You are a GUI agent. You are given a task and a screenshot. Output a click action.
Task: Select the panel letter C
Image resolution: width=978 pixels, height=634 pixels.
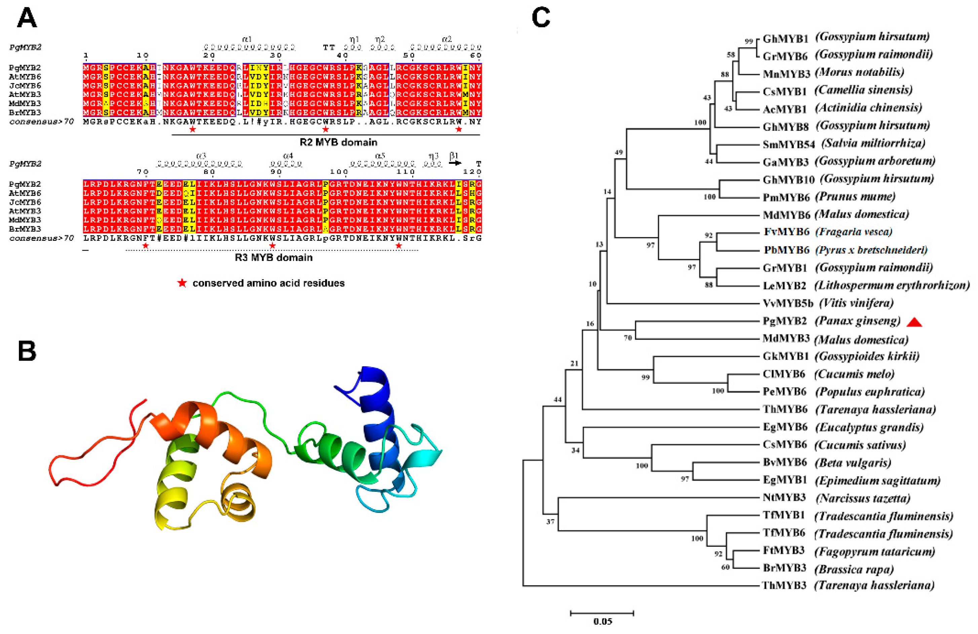point(541,18)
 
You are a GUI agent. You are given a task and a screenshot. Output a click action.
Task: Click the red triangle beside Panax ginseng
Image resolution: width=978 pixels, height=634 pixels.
point(914,322)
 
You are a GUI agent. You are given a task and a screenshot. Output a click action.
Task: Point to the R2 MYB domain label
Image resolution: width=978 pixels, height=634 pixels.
point(338,142)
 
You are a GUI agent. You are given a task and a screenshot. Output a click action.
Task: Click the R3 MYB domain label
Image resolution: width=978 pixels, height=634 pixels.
point(274,258)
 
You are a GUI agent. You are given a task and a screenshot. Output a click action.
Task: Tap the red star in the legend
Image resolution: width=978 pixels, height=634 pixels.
point(182,283)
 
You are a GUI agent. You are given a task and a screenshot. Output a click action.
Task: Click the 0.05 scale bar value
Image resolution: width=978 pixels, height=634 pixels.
point(602,621)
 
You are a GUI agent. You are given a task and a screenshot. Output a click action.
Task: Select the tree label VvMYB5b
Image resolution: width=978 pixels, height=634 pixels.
point(788,303)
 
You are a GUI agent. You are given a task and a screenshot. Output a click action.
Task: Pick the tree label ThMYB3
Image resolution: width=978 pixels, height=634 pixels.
point(784,585)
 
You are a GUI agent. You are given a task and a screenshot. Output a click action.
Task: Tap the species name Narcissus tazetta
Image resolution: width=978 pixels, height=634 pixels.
point(863,498)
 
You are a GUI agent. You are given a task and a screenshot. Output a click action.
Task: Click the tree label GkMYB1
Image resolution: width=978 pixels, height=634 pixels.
point(785,356)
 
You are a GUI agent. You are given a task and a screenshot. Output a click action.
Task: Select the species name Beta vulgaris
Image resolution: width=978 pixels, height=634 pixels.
point(853,462)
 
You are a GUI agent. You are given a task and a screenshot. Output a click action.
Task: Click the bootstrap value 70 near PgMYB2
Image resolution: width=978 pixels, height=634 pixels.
point(627,338)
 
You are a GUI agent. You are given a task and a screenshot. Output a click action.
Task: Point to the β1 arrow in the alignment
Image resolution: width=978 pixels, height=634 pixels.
point(455,163)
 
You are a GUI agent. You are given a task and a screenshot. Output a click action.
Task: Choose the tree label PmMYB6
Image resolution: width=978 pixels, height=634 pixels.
point(786,197)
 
